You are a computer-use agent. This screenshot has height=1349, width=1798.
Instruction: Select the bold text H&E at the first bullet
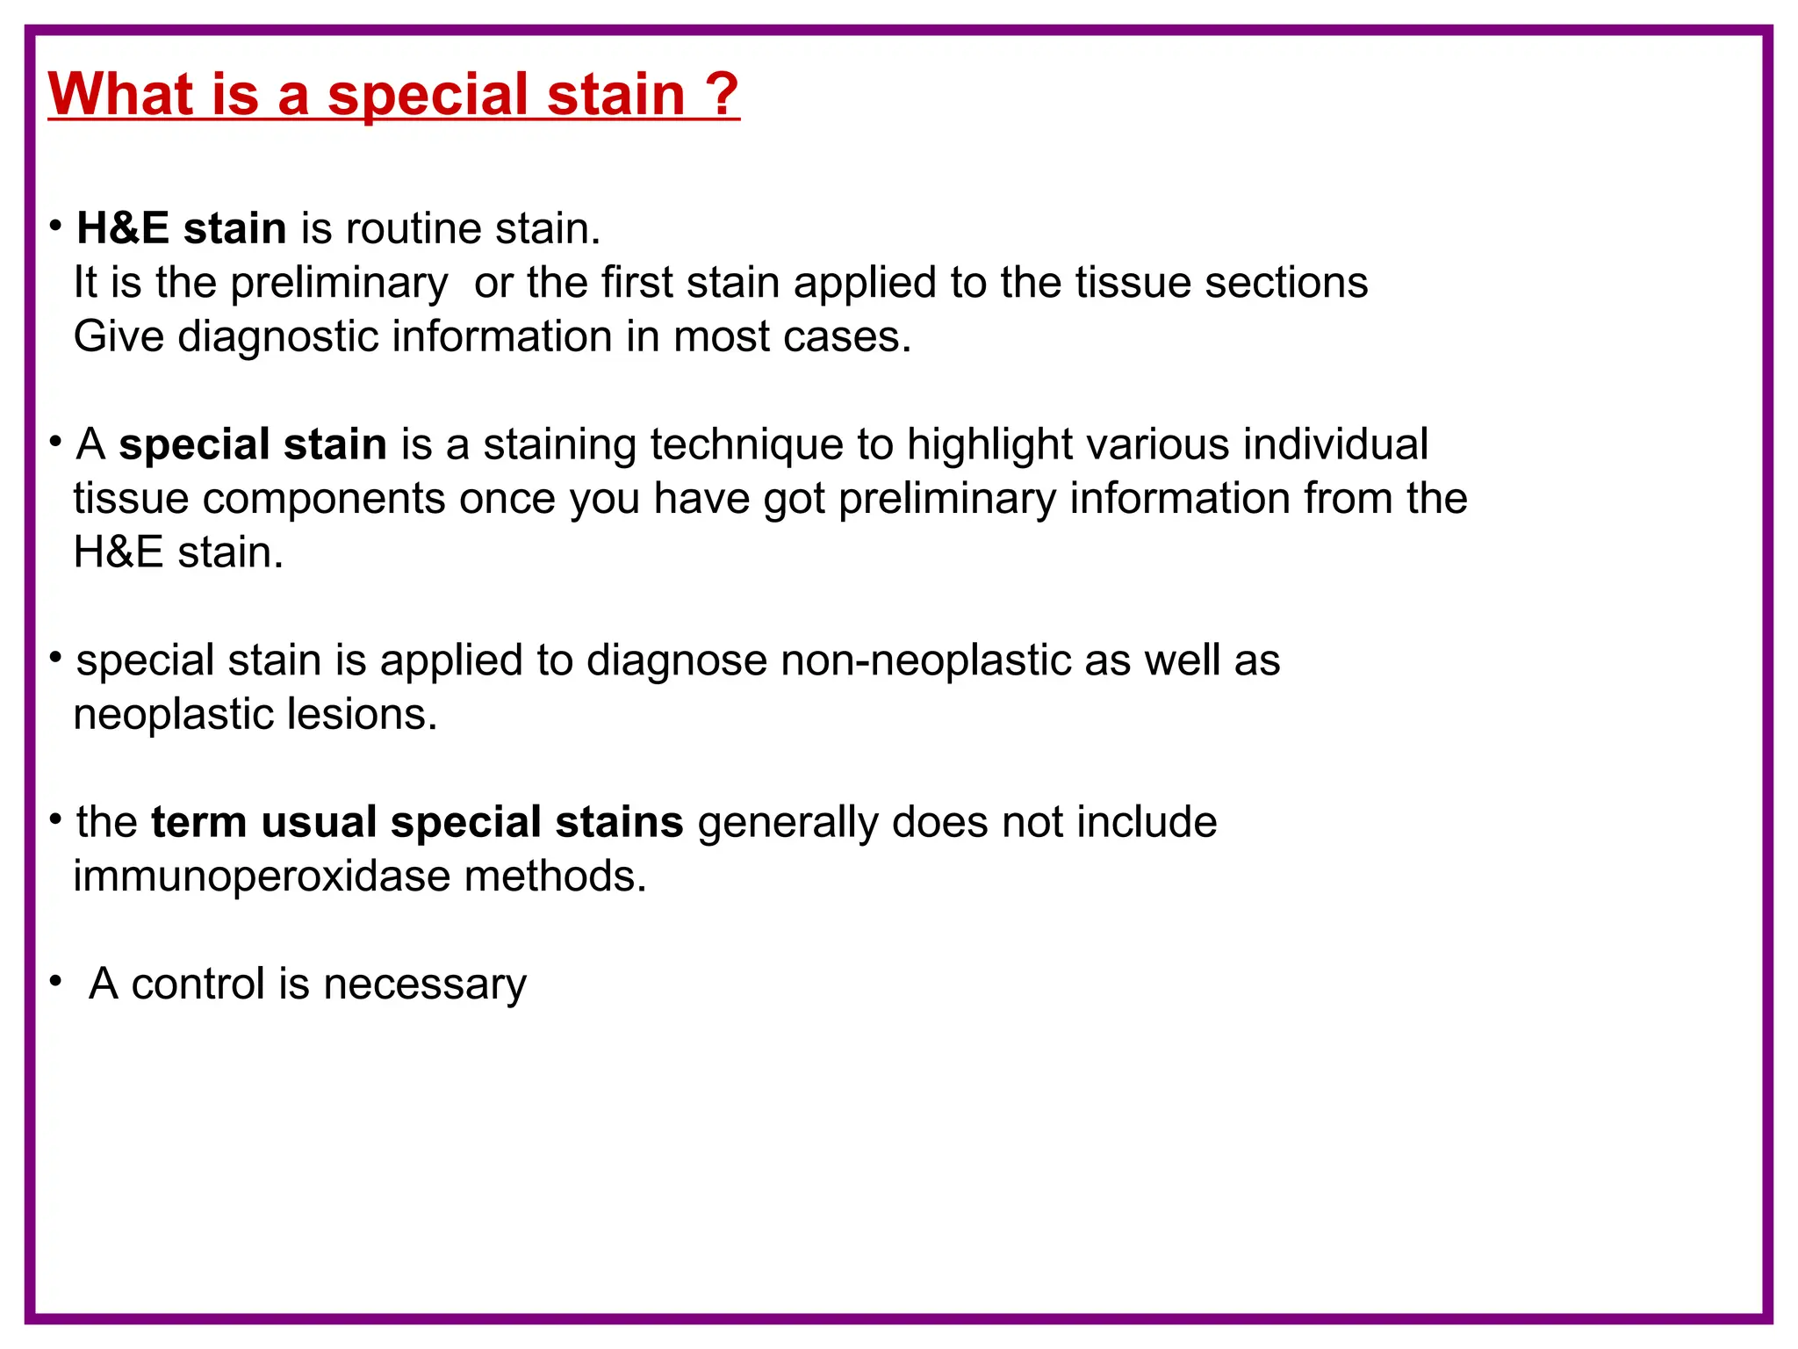(x=123, y=228)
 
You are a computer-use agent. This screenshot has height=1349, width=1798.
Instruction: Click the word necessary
(x=425, y=985)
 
